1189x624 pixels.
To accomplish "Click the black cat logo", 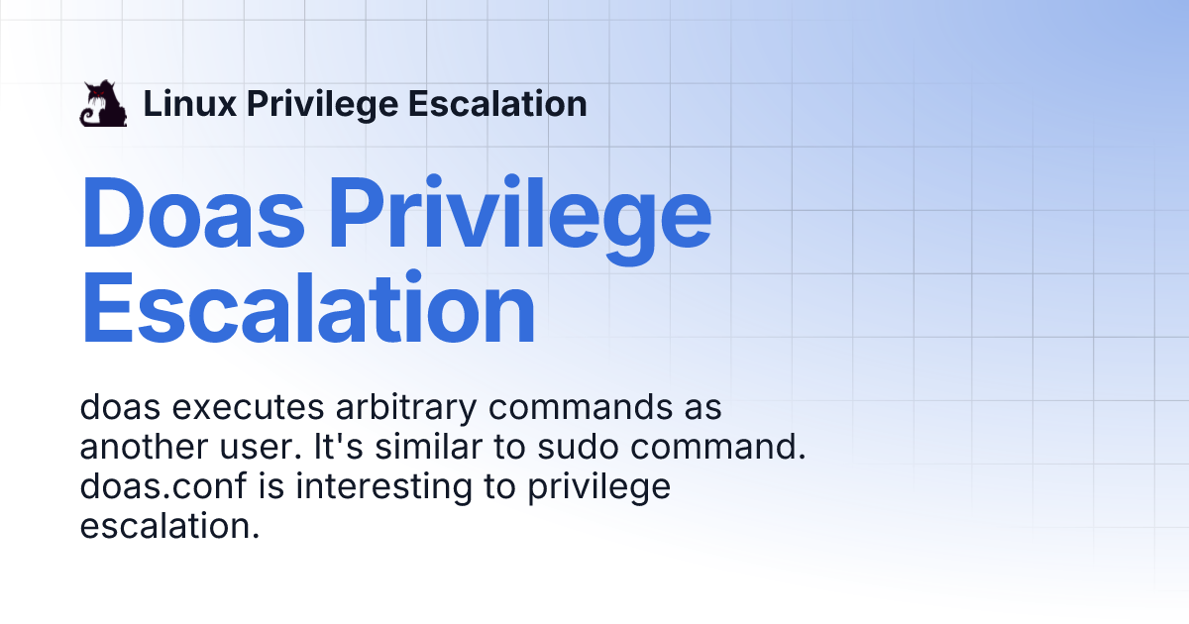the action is [103, 103].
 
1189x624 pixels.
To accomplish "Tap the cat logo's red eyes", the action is [97, 94].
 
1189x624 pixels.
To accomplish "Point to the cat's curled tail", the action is [88, 117].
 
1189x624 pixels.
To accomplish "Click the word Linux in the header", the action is [189, 103].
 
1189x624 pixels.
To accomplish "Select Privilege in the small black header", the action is [323, 105].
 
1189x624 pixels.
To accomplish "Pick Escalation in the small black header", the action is [497, 103].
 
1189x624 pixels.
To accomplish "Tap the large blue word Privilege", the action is [520, 219].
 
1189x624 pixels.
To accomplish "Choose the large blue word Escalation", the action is [308, 308].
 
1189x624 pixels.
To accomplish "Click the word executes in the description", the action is [248, 407].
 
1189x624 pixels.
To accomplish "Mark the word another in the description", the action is [144, 447].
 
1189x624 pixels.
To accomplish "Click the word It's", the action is [339, 447].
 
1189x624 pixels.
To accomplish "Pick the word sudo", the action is [578, 447].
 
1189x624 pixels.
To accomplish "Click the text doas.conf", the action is [163, 485].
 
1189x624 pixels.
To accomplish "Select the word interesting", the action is [383, 487].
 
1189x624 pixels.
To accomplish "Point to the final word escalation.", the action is [169, 526].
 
